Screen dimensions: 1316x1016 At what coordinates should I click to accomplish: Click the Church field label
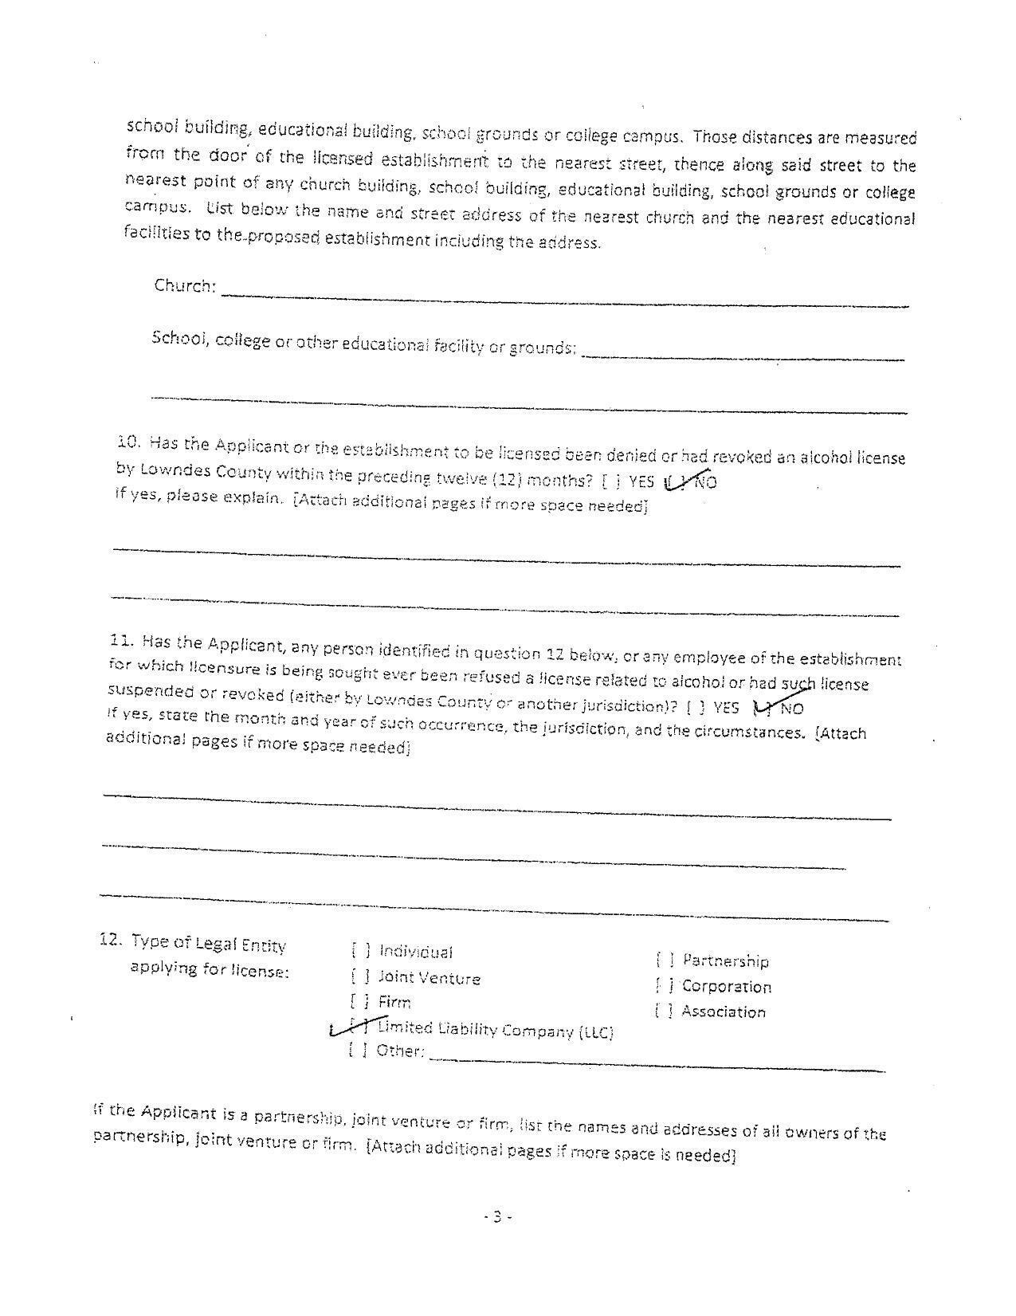pyautogui.click(x=185, y=285)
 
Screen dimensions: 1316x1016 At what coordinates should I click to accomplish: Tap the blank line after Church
pyautogui.click(x=564, y=298)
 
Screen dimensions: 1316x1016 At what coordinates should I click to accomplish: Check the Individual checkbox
pyautogui.click(x=360, y=950)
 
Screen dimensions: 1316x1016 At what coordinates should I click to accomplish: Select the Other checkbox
pyautogui.click(x=358, y=1050)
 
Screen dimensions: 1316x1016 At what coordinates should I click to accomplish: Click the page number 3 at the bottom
pyautogui.click(x=496, y=1216)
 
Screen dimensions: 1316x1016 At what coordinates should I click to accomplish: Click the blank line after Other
pyautogui.click(x=657, y=1063)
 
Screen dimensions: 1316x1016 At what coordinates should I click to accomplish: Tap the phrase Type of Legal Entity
pyautogui.click(x=208, y=944)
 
